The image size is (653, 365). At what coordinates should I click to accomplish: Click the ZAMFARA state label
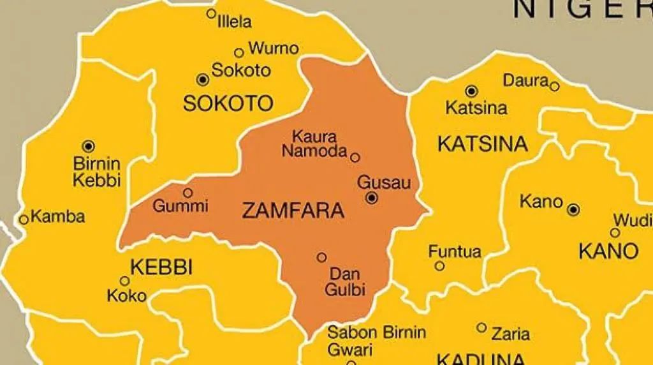pos(293,211)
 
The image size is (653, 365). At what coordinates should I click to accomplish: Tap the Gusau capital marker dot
pos(372,198)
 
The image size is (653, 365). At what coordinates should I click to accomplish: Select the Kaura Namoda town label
pos(314,144)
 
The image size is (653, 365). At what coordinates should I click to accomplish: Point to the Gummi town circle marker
pos(187,192)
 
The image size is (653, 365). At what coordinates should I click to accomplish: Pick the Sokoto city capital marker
pos(203,79)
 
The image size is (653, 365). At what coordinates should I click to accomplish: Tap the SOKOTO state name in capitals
pos(228,103)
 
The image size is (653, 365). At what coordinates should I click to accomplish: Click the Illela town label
pos(234,22)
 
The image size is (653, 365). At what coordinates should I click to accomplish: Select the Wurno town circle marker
pos(239,53)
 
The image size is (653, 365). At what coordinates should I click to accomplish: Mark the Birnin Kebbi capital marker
pos(88,146)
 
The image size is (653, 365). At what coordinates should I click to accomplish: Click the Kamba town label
pos(57,217)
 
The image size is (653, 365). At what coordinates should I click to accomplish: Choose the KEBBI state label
pos(161,267)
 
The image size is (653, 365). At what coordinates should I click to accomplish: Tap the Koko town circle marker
pos(125,281)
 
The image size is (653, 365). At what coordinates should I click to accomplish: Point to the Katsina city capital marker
pos(471,91)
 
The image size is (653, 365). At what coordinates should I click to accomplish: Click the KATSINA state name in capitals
pos(483,144)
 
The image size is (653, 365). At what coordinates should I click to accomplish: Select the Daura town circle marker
pos(554,86)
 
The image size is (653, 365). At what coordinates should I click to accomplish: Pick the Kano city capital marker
pos(573,209)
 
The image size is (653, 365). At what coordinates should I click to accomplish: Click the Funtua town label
pos(455,251)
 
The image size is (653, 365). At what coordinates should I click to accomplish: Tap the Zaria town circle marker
pos(481,327)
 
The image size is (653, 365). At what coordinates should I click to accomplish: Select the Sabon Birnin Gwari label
pos(376,340)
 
